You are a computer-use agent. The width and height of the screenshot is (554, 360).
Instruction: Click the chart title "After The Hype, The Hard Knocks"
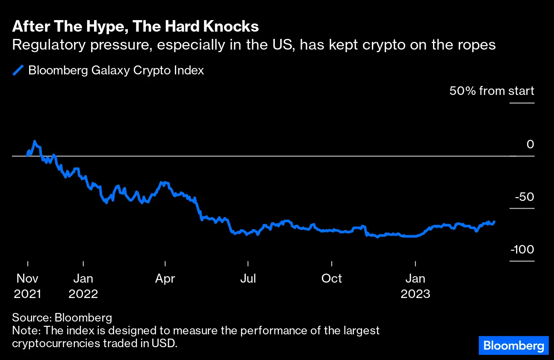135,27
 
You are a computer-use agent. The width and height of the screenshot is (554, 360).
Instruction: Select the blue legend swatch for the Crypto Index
18,71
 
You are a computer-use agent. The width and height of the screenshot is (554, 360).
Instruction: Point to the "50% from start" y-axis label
491,91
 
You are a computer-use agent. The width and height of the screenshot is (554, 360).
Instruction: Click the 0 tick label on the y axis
530,145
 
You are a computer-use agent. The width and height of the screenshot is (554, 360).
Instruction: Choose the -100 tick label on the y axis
522,250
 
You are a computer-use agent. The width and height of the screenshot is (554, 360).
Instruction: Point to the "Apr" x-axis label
165,279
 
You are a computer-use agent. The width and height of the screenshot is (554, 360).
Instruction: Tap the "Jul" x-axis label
248,279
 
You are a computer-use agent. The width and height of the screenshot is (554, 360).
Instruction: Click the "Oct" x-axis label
331,279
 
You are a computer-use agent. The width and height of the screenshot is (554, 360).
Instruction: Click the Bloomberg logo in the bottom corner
513,345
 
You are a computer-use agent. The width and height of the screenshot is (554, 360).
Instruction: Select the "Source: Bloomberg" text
62,318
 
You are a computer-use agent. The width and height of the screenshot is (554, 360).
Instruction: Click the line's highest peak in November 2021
35,141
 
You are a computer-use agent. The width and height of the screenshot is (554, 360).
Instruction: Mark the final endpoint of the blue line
494,221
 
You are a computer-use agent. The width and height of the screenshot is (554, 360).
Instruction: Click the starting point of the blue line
27,155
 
